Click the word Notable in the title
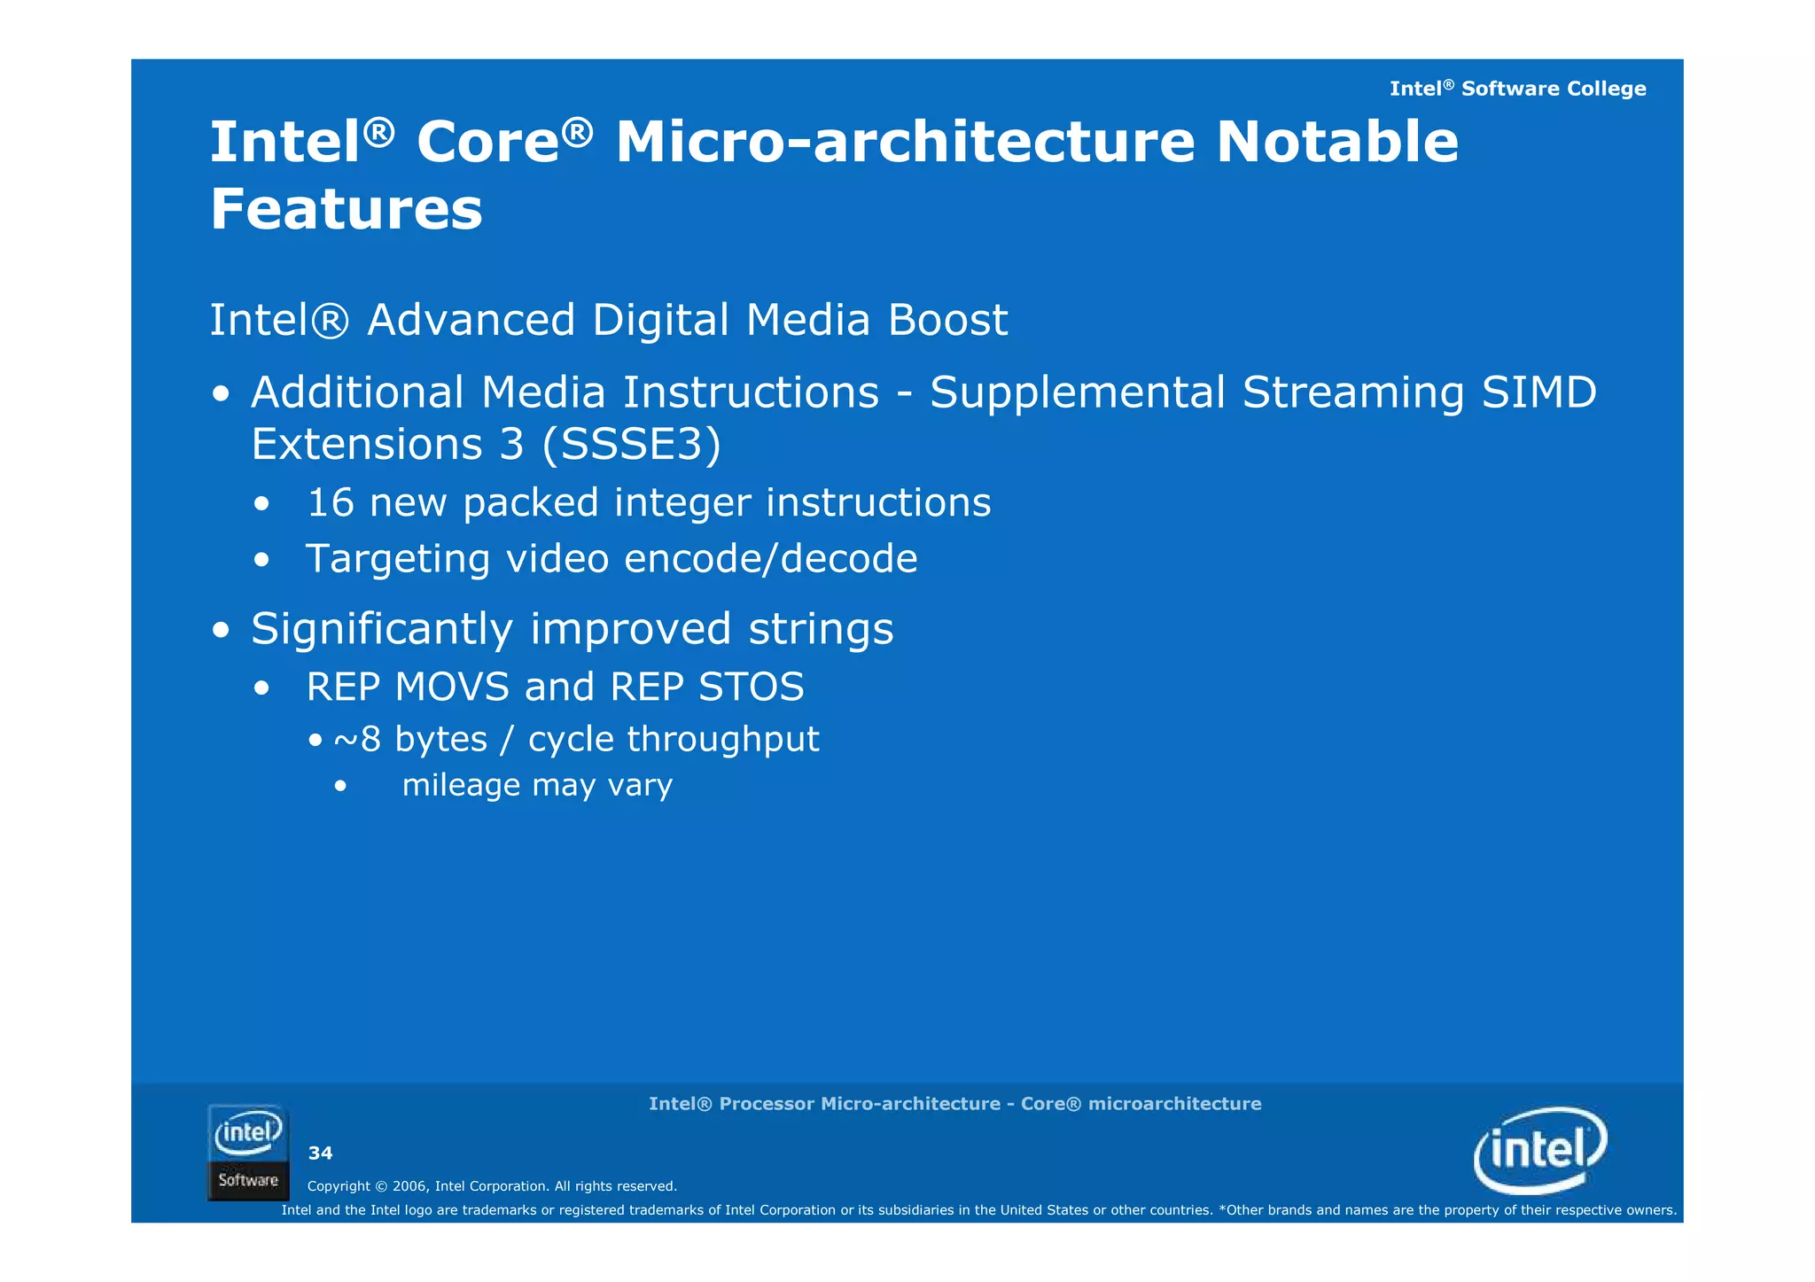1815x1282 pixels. pyautogui.click(x=1336, y=142)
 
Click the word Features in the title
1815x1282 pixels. pyautogui.click(x=347, y=210)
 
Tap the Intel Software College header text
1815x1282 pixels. pyautogui.click(x=1516, y=89)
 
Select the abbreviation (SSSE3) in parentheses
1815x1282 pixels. pyautogui.click(x=632, y=444)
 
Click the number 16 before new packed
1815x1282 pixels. pyautogui.click(x=330, y=503)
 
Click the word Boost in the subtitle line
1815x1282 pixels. pyautogui.click(x=947, y=320)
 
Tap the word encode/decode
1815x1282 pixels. pyautogui.click(x=770, y=559)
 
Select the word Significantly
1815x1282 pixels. pyautogui.click(x=382, y=630)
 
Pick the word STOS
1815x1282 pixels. pyautogui.click(x=751, y=688)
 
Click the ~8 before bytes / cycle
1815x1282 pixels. pyautogui.click(x=357, y=740)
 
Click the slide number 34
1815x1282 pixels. pyautogui.click(x=320, y=1154)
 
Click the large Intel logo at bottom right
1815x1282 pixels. pyautogui.click(x=1539, y=1150)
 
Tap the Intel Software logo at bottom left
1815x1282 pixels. pyautogui.click(x=248, y=1152)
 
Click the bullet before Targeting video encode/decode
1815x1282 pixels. pyautogui.click(x=261, y=561)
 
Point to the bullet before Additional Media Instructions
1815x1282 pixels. pyautogui.click(x=222, y=394)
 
